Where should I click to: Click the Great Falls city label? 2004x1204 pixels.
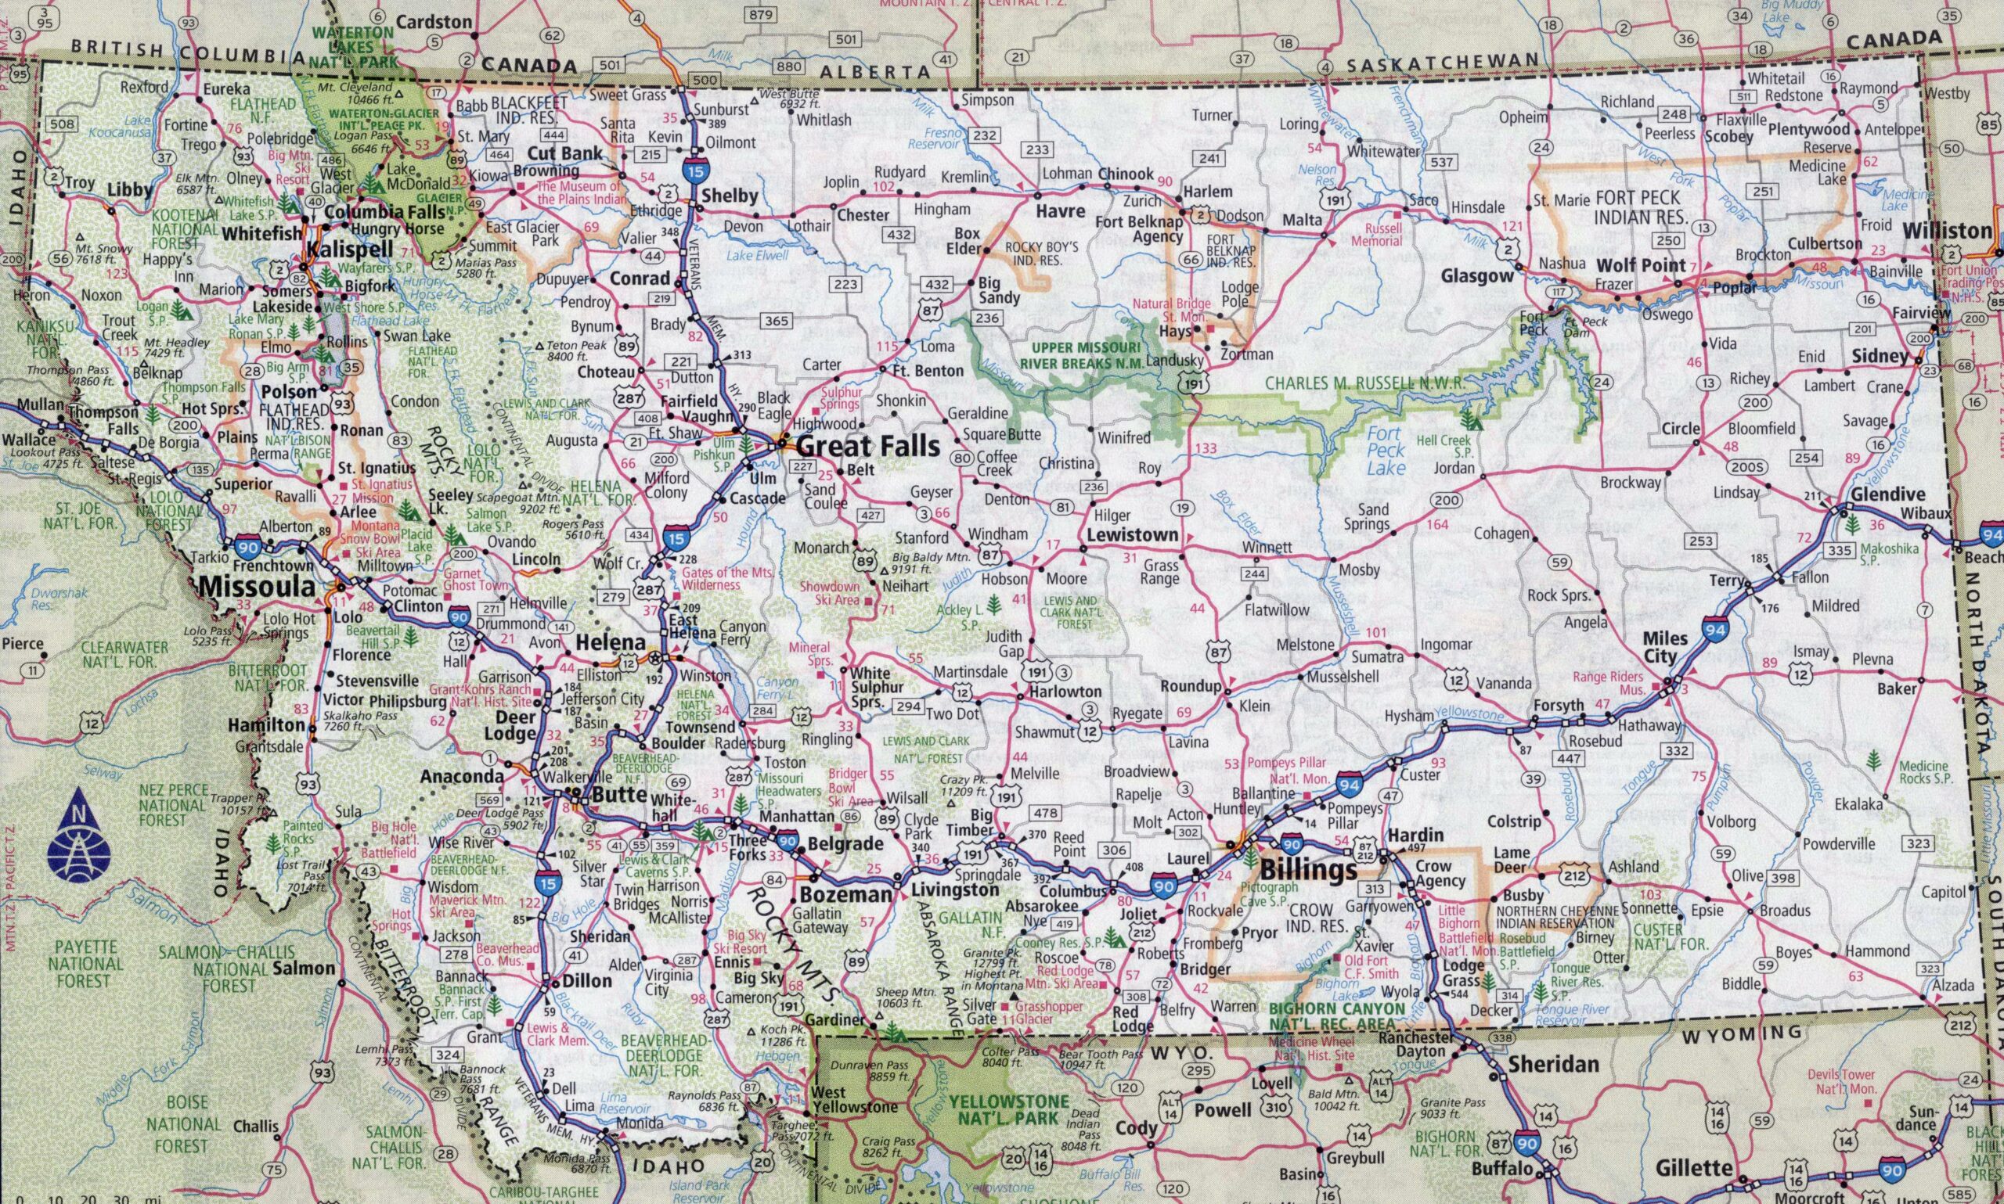coord(867,445)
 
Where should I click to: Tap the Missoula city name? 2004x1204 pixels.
coord(257,586)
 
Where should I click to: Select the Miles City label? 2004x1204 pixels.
coord(1666,648)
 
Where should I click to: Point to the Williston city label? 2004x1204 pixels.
coord(1945,231)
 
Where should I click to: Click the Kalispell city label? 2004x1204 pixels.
coord(348,248)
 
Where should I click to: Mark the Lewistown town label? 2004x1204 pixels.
coord(1132,534)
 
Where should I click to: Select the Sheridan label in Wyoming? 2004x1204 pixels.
coord(1553,1064)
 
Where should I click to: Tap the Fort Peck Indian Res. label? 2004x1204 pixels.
coord(1637,207)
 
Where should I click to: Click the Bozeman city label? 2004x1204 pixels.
coord(845,895)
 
